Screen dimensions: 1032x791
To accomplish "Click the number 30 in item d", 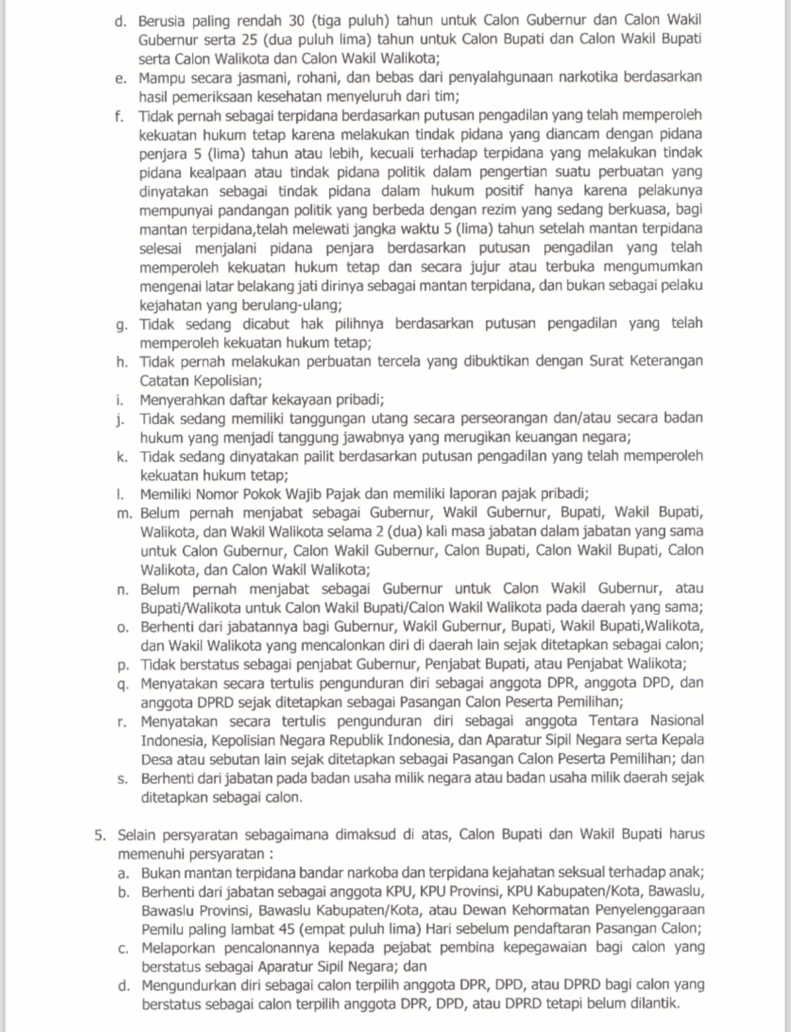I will point(297,21).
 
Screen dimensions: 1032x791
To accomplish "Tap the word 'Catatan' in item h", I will point(162,381).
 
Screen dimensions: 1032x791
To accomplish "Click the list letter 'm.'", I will point(124,513).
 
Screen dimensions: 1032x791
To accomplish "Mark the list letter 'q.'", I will point(124,684).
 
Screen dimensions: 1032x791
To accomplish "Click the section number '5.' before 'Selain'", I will point(100,835).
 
